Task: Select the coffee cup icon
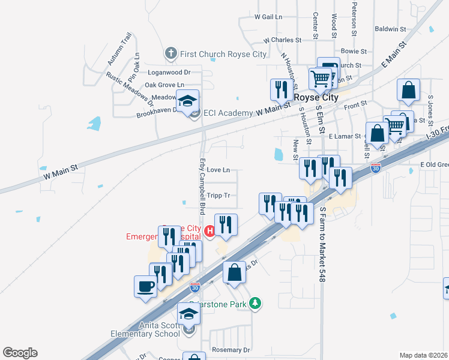145,286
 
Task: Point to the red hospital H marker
209,230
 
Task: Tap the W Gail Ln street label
268,17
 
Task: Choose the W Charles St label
282,41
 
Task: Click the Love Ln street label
218,170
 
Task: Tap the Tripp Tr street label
218,196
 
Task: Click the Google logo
20,353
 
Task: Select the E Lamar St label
343,137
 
